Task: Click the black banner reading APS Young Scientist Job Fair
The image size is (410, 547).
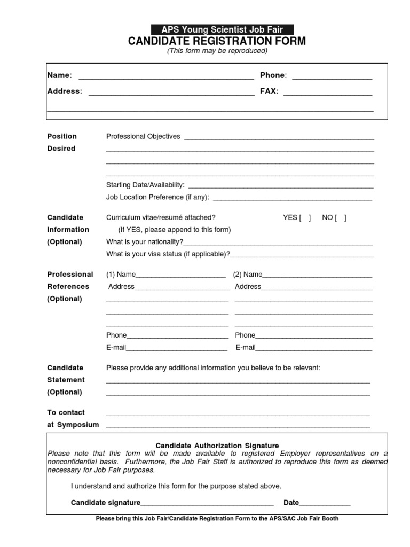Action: [x=222, y=30]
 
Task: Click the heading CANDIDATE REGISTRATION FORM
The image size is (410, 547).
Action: [x=217, y=41]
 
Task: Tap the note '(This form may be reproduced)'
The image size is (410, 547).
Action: [x=217, y=51]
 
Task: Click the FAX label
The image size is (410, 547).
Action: [x=269, y=91]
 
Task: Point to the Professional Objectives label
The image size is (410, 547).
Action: [x=143, y=136]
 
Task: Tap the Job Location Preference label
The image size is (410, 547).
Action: [x=157, y=198]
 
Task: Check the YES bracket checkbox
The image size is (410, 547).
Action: [x=305, y=217]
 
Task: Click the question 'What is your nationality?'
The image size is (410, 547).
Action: [x=145, y=242]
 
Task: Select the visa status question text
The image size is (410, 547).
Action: [x=168, y=254]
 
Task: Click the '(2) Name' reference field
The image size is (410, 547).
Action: [x=317, y=276]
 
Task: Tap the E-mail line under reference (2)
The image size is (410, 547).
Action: [x=314, y=349]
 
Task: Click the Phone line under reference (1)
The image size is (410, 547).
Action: [x=177, y=337]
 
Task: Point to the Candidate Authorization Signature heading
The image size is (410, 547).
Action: [x=217, y=446]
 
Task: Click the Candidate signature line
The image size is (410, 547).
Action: [x=207, y=504]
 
